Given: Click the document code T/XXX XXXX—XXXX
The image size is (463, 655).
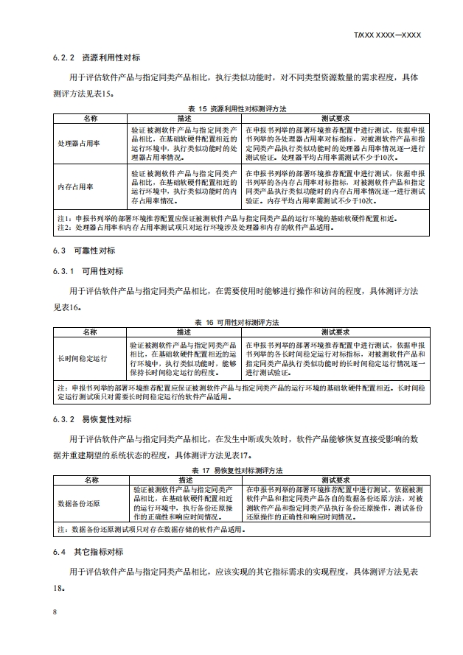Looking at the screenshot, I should click(387, 35).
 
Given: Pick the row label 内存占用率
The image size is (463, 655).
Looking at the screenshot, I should click(76, 186).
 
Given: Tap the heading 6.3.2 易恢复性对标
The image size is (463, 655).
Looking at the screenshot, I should click(91, 419).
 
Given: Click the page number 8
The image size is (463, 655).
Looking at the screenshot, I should click(55, 613).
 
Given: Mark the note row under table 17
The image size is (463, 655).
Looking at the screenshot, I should click(221, 529).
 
